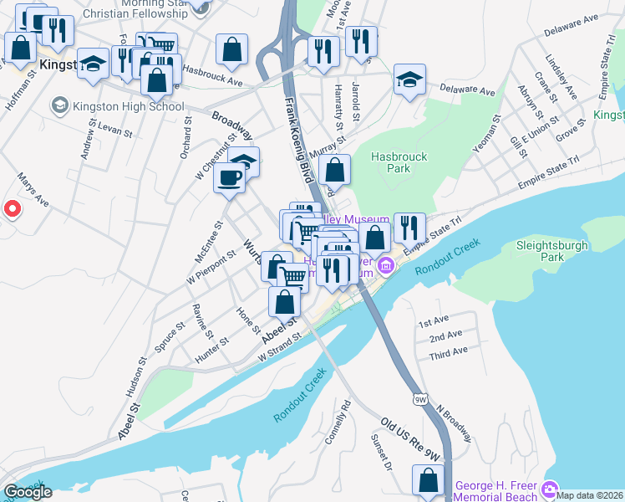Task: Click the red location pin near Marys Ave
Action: click(12, 209)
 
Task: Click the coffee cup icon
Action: click(229, 177)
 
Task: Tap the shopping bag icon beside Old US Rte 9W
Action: click(428, 480)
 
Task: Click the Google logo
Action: click(28, 492)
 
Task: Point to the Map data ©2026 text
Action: click(590, 494)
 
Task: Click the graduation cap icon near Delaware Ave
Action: click(409, 79)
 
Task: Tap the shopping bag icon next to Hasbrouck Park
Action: click(334, 171)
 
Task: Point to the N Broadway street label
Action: click(455, 423)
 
